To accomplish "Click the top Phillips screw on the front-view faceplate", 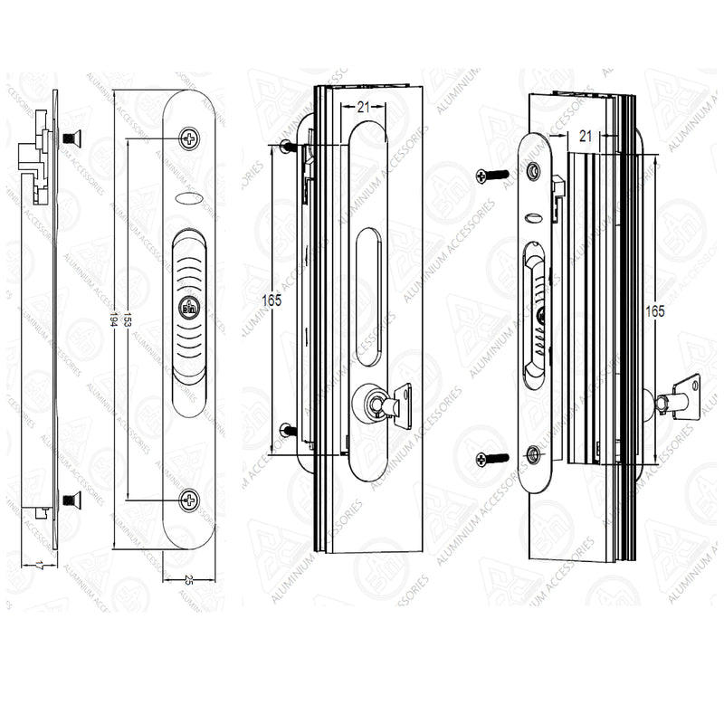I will click(x=188, y=138).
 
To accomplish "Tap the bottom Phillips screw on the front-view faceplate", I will click(x=188, y=499).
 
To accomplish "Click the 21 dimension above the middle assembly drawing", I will click(x=363, y=107).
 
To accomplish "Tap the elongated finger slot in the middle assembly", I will click(x=368, y=299).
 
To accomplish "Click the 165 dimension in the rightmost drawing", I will click(x=655, y=310).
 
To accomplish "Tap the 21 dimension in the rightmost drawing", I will click(x=585, y=136).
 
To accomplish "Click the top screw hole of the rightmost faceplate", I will click(x=533, y=169).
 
